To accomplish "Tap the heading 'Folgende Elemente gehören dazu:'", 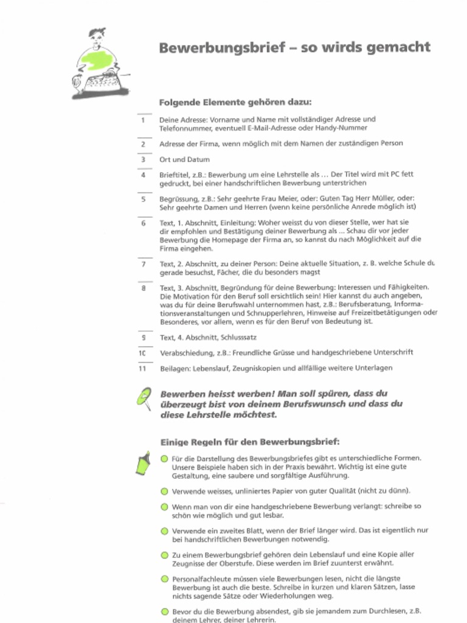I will pos(235,102).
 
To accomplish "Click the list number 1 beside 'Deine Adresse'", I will pos(143,120).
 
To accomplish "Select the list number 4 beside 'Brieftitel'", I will pos(143,175).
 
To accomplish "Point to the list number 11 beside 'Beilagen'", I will pos(143,368).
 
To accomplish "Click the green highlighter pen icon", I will pos(143,463).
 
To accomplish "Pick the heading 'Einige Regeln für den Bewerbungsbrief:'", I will pos(249,442).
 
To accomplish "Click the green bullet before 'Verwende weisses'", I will pos(164,491).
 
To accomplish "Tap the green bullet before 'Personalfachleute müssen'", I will pos(164,579).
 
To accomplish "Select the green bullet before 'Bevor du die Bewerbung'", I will pos(164,611).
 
